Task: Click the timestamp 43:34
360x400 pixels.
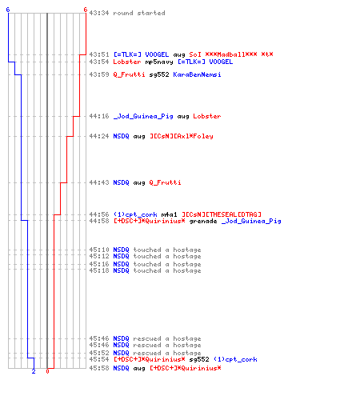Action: (99, 13)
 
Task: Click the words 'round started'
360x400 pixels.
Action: (139, 13)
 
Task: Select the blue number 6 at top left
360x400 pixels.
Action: (8, 10)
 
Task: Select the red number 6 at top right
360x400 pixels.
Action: (86, 10)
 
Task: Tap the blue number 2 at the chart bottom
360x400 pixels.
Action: (34, 371)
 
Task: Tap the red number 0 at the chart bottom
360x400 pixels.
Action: (47, 371)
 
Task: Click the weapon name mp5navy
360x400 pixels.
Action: (159, 62)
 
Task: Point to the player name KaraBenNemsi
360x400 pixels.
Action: (197, 74)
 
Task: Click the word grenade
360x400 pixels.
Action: (203, 222)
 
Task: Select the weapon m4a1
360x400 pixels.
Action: (169, 214)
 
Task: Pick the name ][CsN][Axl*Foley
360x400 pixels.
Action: (182, 136)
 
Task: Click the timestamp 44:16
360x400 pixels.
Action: (99, 116)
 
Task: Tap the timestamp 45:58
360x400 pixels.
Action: (99, 368)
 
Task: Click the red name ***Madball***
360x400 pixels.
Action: (231, 54)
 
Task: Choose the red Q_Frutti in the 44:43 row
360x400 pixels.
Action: (165, 182)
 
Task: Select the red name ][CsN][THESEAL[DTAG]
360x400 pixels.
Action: (222, 214)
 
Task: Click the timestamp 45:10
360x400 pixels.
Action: (99, 250)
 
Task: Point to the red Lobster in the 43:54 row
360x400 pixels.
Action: (127, 62)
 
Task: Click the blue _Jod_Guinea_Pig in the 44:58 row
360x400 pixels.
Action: (251, 222)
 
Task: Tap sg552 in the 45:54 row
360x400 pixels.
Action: (199, 359)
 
